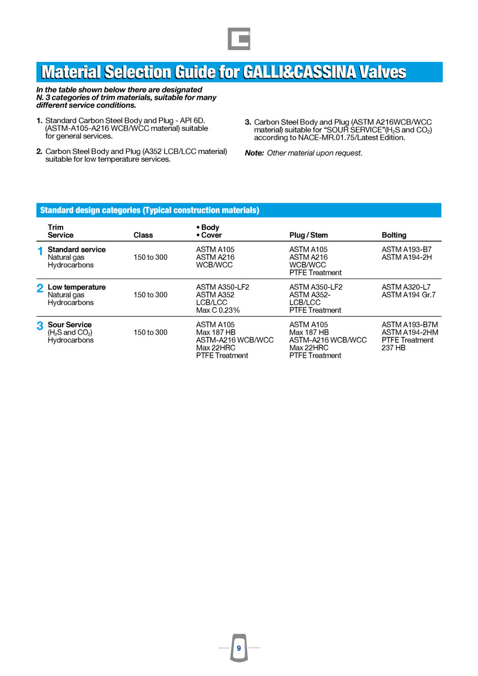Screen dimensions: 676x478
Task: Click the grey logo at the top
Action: click(239, 39)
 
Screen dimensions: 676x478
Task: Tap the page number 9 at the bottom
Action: click(238, 648)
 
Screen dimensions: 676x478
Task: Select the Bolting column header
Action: click(393, 235)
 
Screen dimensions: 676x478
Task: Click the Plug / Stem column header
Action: click(308, 235)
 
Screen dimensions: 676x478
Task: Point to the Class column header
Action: click(143, 235)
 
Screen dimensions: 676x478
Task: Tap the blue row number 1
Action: click(40, 252)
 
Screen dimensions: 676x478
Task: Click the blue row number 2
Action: click(40, 289)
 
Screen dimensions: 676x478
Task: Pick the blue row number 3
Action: click(40, 326)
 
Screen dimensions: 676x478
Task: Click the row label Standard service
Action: click(77, 250)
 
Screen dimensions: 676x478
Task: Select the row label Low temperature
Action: click(77, 287)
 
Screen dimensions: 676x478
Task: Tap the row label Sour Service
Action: click(70, 325)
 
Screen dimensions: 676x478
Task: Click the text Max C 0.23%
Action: click(218, 310)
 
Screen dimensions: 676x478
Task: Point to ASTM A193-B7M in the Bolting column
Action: click(410, 325)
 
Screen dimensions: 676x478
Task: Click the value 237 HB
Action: click(393, 348)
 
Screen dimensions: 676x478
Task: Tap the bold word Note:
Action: click(254, 153)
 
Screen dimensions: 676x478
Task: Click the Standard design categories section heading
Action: click(149, 211)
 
